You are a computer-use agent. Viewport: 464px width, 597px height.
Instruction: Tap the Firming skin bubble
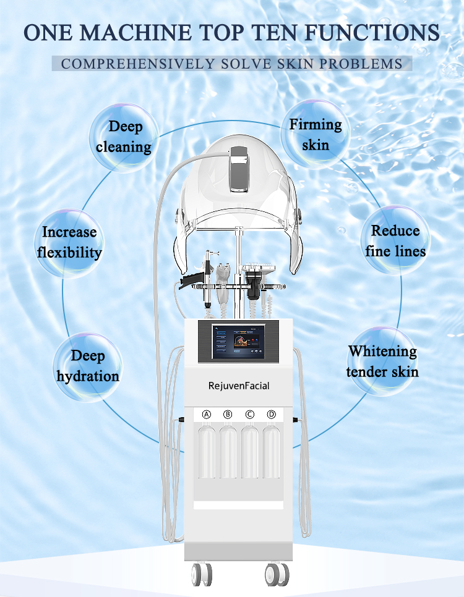pyautogui.click(x=315, y=134)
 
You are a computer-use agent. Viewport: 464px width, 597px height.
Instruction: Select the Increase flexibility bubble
pyautogui.click(x=69, y=242)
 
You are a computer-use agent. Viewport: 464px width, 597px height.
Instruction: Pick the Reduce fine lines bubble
pyautogui.click(x=395, y=240)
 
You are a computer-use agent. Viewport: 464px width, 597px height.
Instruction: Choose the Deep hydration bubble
pyautogui.click(x=87, y=365)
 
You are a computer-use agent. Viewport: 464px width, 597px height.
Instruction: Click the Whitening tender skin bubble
pyautogui.click(x=382, y=361)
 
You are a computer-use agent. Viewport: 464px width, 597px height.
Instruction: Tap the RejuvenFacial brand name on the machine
pyautogui.click(x=239, y=386)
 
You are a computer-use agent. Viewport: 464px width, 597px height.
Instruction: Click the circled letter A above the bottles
pyautogui.click(x=207, y=414)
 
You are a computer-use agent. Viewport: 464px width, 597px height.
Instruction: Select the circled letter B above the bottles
pyautogui.click(x=228, y=414)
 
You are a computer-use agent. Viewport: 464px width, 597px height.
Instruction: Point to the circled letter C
pyautogui.click(x=250, y=414)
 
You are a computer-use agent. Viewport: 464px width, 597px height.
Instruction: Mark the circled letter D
pyautogui.click(x=271, y=414)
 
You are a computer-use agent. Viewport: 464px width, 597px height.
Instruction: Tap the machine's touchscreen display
pyautogui.click(x=239, y=341)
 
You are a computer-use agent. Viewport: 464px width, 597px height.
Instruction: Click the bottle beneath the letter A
pyautogui.click(x=207, y=451)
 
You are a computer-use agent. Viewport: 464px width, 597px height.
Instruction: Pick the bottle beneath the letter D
pyautogui.click(x=271, y=451)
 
